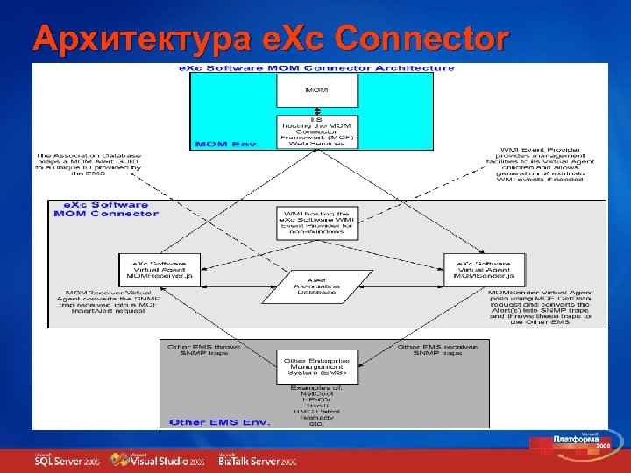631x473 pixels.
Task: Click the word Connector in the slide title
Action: coord(422,38)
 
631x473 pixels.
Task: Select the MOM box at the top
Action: coord(317,90)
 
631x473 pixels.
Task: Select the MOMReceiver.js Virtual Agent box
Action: coord(159,268)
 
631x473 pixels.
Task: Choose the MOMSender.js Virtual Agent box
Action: coord(483,268)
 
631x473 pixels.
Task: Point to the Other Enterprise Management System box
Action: coord(317,367)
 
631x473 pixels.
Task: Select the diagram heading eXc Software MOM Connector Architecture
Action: coord(317,68)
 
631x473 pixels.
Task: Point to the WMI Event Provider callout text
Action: coord(544,165)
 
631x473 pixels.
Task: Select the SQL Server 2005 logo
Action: coord(67,461)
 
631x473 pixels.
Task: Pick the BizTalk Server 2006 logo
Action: coord(259,461)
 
